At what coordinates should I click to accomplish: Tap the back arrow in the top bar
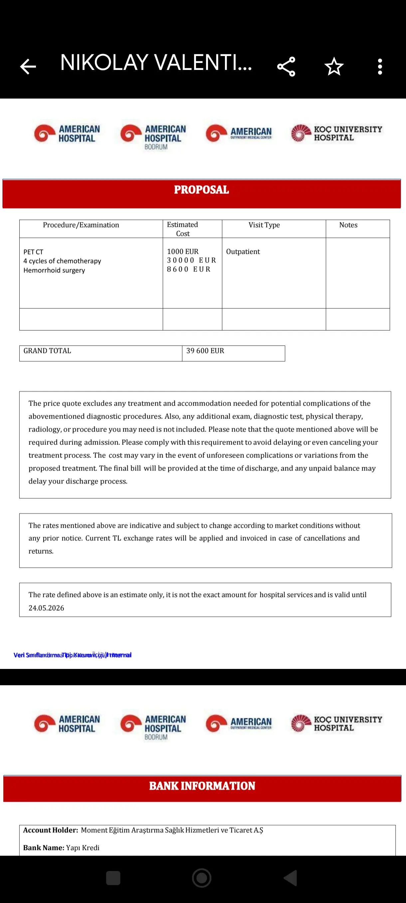click(28, 67)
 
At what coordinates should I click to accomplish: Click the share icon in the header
click(286, 67)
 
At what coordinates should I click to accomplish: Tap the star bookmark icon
click(334, 67)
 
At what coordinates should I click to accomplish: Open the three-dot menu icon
click(380, 67)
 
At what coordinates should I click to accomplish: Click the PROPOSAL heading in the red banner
click(201, 190)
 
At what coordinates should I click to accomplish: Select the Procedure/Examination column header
click(81, 225)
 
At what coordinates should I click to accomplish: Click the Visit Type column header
click(264, 225)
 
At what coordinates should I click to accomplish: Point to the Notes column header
click(348, 225)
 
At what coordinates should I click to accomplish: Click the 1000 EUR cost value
click(182, 252)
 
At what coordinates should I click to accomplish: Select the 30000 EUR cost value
click(191, 260)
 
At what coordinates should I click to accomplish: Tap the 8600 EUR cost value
click(188, 269)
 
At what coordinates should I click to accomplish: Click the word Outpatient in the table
click(243, 252)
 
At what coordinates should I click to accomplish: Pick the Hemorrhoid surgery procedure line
click(54, 270)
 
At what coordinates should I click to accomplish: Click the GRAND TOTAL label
click(47, 351)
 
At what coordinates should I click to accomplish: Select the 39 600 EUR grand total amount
click(205, 351)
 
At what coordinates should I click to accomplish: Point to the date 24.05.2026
click(46, 608)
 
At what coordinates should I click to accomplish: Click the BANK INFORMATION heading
click(202, 786)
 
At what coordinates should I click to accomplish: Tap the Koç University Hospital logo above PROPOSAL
click(336, 134)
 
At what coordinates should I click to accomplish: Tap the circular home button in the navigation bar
click(202, 878)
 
